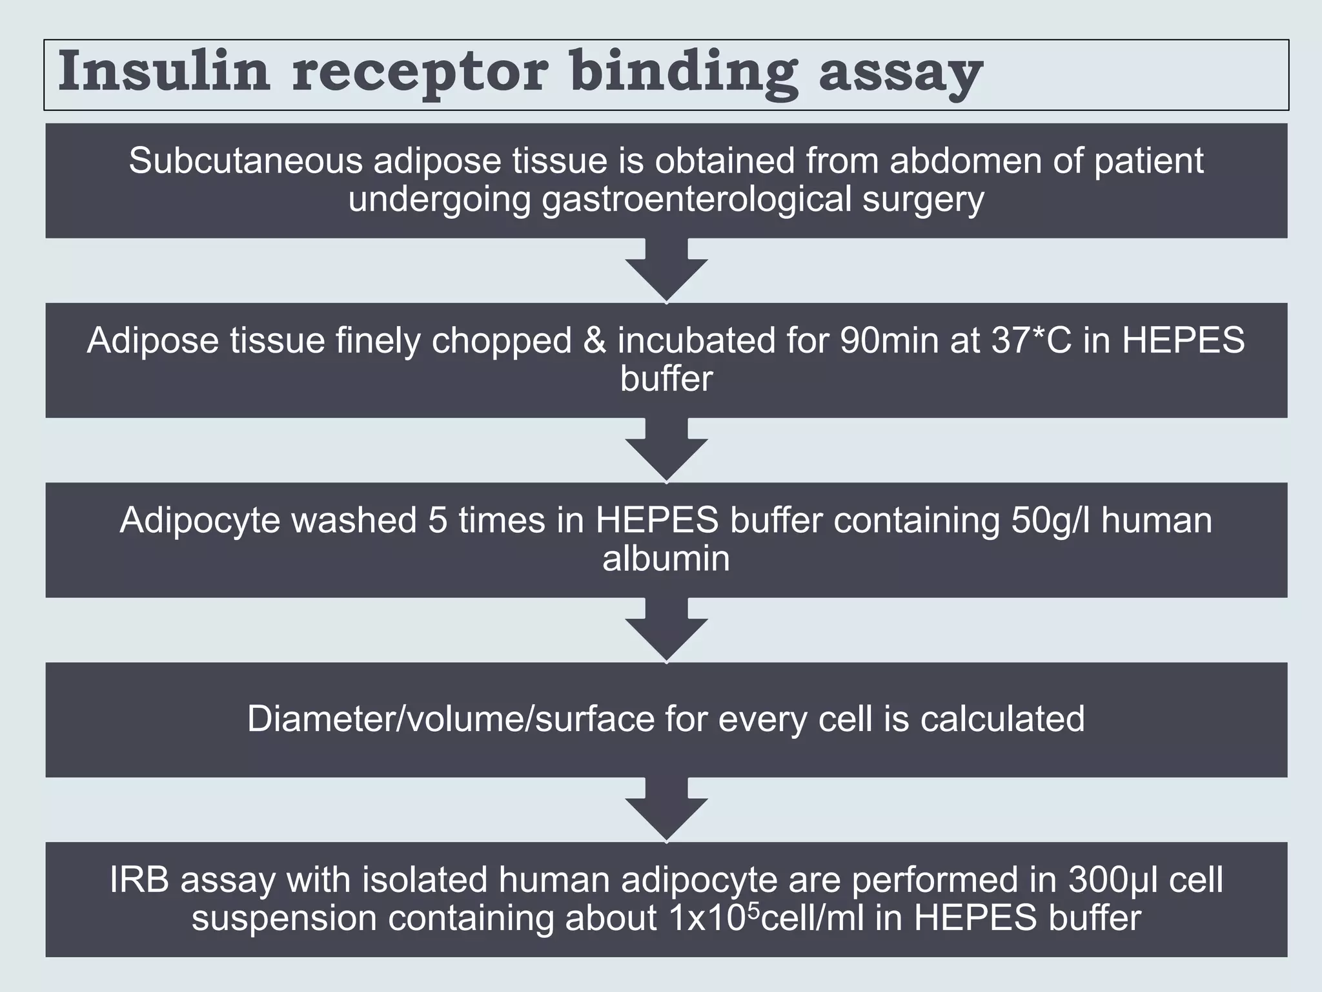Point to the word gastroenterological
[697, 200]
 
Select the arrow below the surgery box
[666, 270]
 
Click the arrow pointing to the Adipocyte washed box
[666, 449]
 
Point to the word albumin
[666, 559]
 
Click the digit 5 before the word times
[438, 521]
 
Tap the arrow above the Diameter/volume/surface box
[666, 630]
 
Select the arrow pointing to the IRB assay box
[666, 809]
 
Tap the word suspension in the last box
[284, 918]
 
